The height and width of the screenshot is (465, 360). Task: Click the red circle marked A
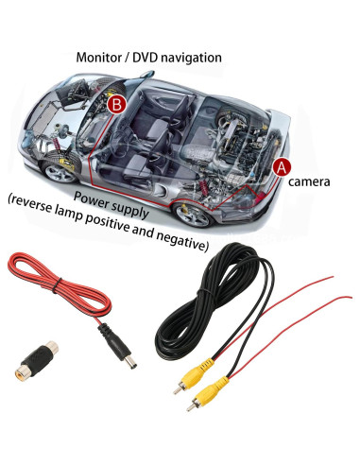pos(281,164)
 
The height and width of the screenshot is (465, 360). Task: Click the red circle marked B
pos(116,104)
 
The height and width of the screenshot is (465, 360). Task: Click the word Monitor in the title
pos(100,58)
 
